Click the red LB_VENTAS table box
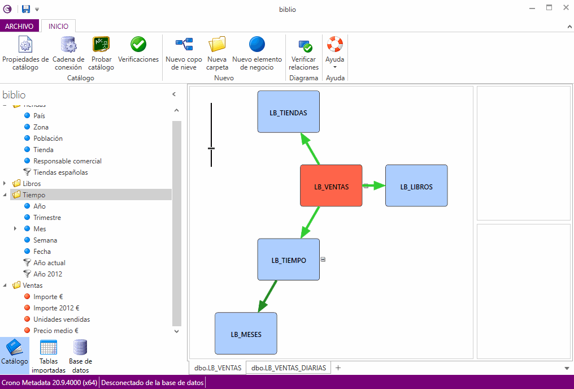pos(331,186)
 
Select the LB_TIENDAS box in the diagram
pos(288,112)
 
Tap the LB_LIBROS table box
pos(416,186)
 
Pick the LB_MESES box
pos(246,334)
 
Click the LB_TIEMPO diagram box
pos(288,260)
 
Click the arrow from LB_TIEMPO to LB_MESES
pos(268,296)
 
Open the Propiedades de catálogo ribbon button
pos(25,54)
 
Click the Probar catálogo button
pos(101,54)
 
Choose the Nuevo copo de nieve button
pos(184,54)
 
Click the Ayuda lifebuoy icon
pos(335,44)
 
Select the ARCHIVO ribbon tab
pos(19,26)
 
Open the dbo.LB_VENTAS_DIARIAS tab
pos(289,368)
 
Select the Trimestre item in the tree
pos(47,218)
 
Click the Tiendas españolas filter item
pos(60,172)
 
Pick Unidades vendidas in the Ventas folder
pos(61,319)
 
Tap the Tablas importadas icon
pos(49,356)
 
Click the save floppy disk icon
pos(26,9)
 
